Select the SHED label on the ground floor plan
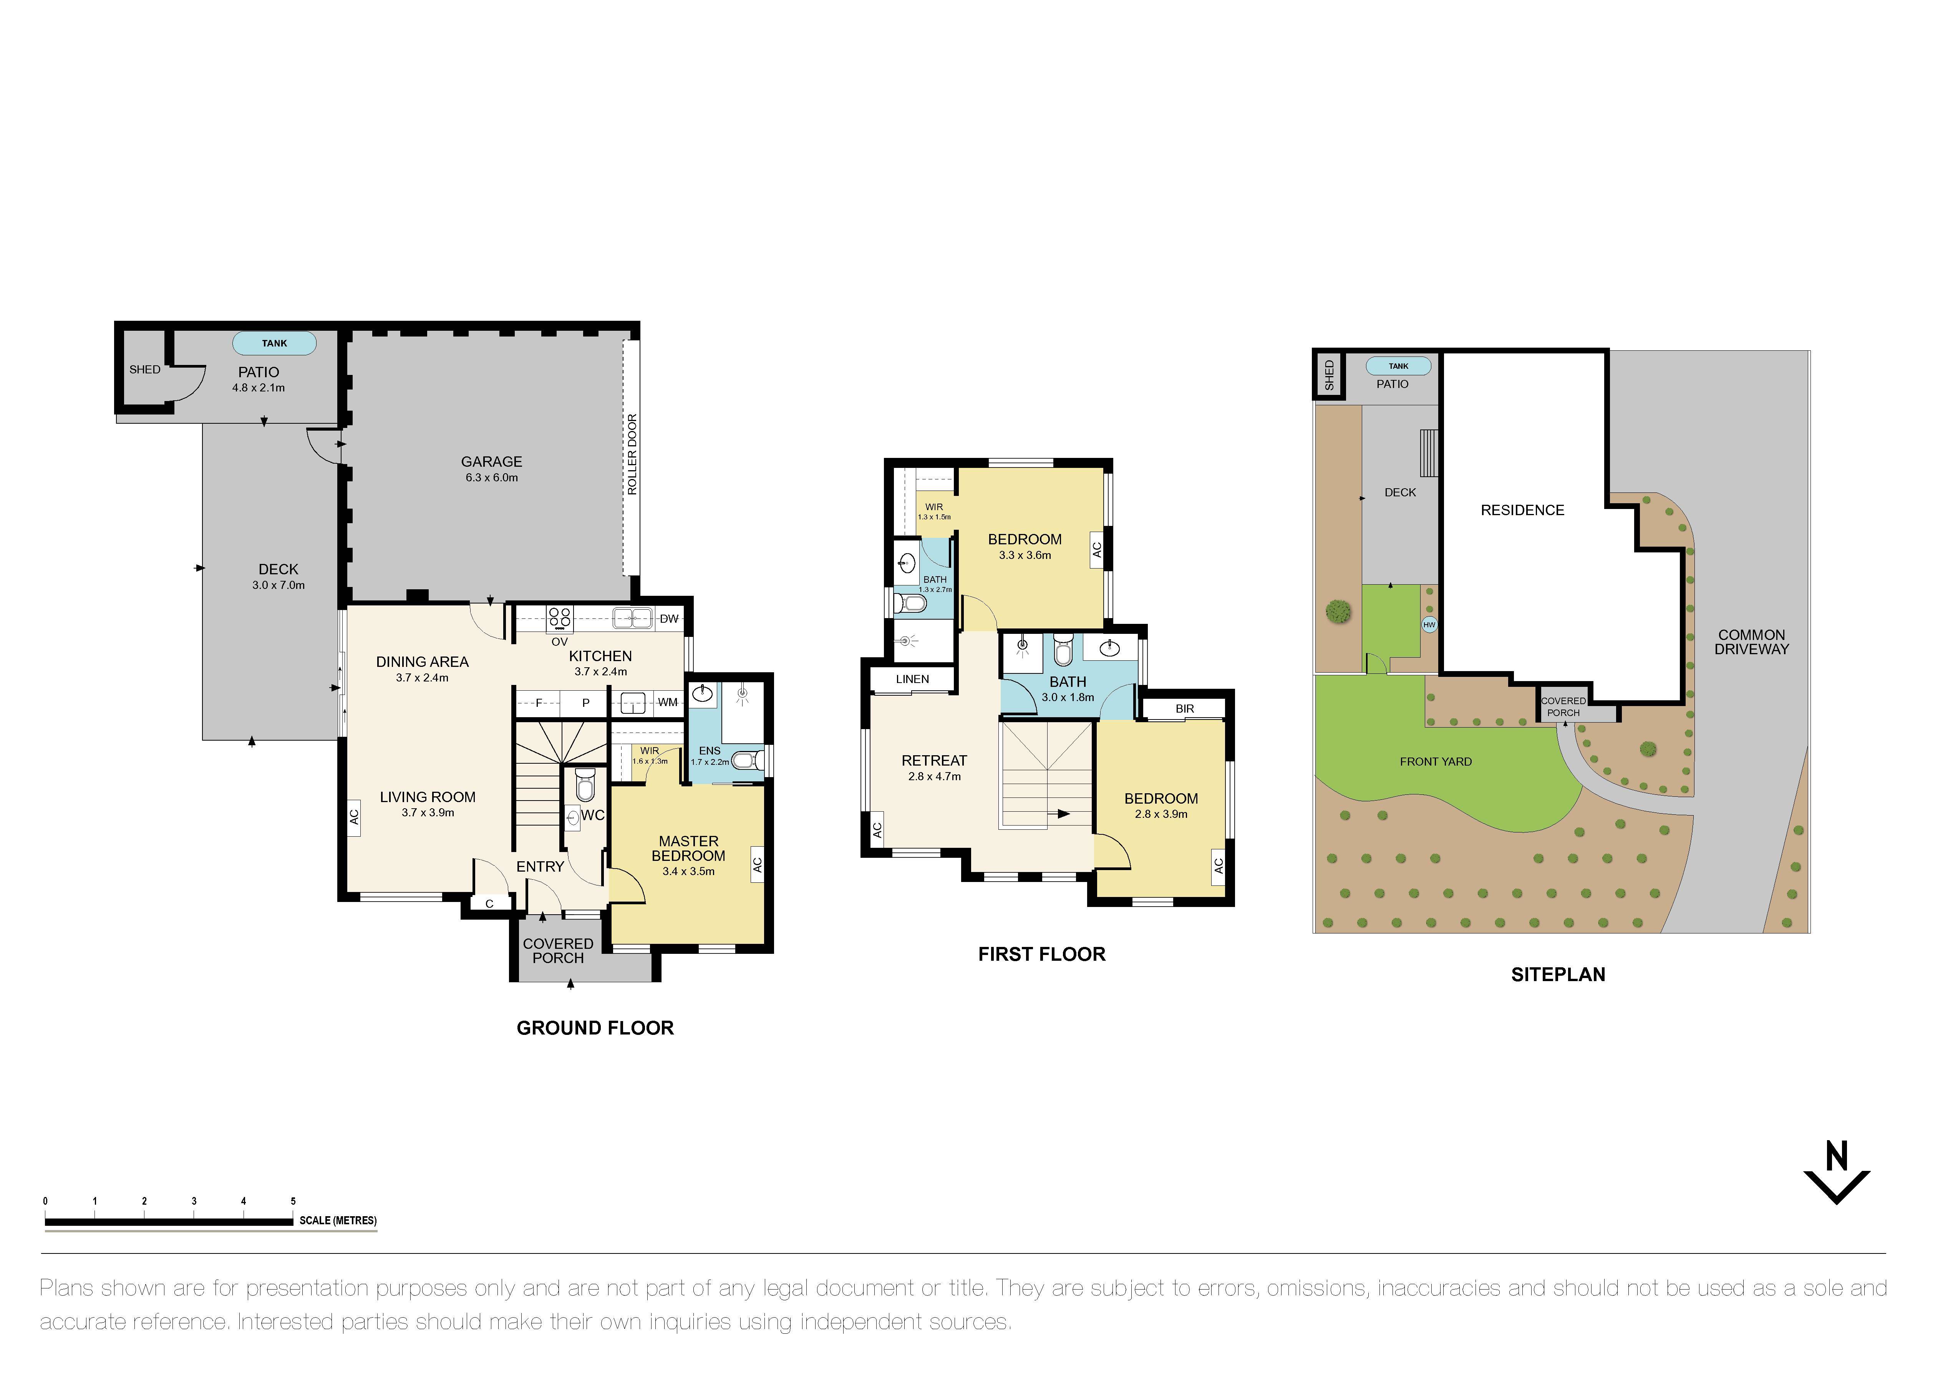(144, 370)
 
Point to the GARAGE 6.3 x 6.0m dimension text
(492, 478)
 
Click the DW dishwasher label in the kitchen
(668, 619)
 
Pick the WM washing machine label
(668, 702)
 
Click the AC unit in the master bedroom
(757, 865)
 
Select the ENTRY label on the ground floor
(540, 867)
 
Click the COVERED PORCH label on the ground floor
(558, 951)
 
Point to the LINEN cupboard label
(912, 680)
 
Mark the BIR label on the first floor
(1185, 708)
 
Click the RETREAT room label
(934, 761)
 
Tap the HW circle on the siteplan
(1429, 625)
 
